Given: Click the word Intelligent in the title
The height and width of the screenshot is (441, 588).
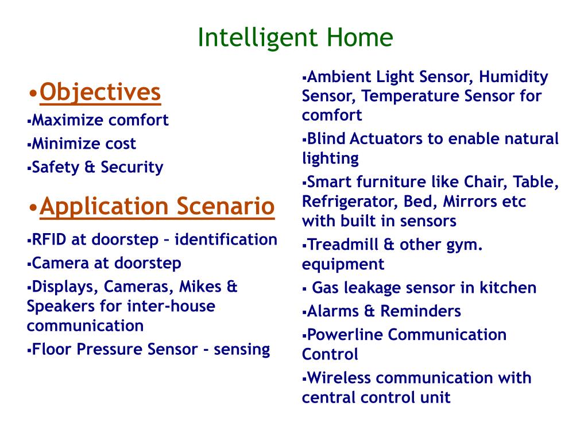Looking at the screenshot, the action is click(258, 38).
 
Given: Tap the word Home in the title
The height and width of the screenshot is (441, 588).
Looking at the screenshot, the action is click(359, 37).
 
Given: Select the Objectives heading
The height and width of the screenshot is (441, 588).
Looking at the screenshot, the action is click(100, 92).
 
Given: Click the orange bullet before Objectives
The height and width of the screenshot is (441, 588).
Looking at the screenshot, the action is click(33, 94).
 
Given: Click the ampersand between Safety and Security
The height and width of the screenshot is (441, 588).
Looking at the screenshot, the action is click(90, 167).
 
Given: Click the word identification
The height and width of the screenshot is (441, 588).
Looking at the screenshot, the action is click(226, 239).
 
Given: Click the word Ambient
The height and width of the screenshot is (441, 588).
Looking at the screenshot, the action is click(339, 77).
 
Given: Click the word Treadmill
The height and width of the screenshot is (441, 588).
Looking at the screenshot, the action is click(342, 245).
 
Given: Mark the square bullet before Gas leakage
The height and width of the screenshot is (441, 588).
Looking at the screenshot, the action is click(304, 289).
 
